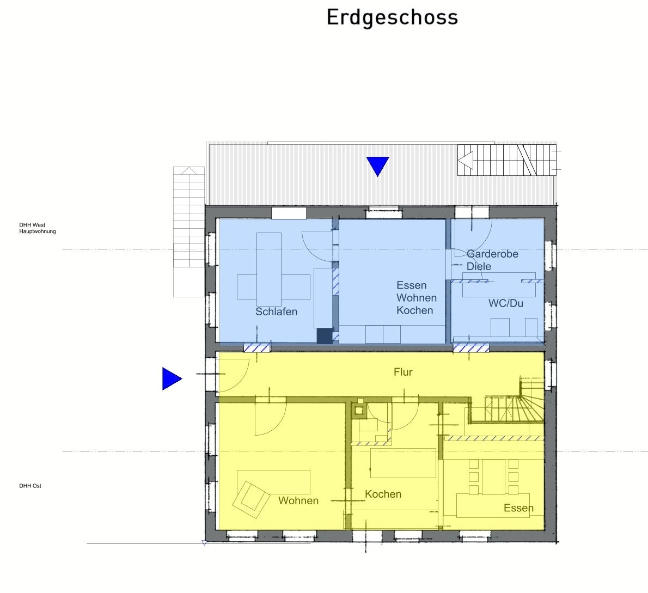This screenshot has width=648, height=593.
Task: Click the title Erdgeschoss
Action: pyautogui.click(x=392, y=18)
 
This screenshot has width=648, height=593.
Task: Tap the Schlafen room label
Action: pyautogui.click(x=277, y=311)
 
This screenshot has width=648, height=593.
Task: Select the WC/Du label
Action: pyautogui.click(x=506, y=303)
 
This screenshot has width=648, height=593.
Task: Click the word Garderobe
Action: pyautogui.click(x=492, y=254)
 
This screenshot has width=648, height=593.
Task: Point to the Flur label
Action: pyautogui.click(x=403, y=372)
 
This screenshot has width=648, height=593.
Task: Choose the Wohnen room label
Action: pyautogui.click(x=298, y=500)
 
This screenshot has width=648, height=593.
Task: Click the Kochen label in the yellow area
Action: pyautogui.click(x=383, y=494)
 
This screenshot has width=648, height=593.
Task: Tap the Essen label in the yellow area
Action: pyautogui.click(x=518, y=508)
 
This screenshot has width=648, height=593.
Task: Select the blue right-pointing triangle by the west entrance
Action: pyautogui.click(x=172, y=378)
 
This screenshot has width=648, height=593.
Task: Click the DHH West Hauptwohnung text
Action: pyautogui.click(x=37, y=228)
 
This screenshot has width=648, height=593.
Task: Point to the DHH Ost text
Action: pyautogui.click(x=30, y=486)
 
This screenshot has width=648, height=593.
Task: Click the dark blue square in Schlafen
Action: pyautogui.click(x=325, y=336)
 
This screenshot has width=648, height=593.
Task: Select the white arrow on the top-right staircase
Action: pyautogui.click(x=466, y=160)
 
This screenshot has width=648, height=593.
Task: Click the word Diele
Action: pyautogui.click(x=479, y=266)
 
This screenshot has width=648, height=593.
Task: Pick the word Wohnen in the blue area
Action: pyautogui.click(x=417, y=298)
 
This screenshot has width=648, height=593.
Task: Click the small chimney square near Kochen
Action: pyautogui.click(x=359, y=411)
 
